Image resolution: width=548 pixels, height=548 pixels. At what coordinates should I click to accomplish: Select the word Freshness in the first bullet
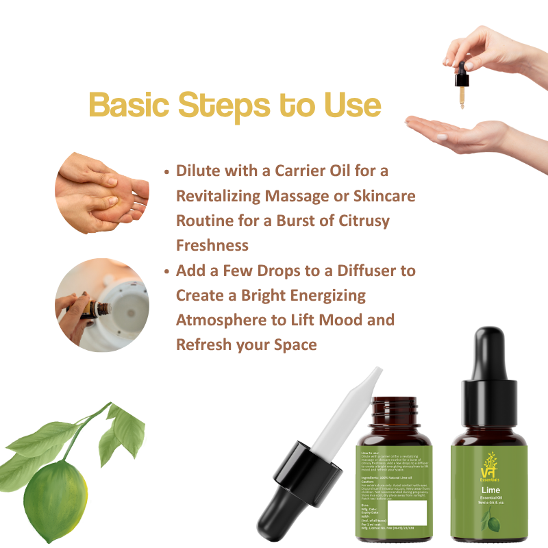pyautogui.click(x=212, y=245)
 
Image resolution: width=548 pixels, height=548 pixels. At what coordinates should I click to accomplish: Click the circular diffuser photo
pyautogui.click(x=101, y=304)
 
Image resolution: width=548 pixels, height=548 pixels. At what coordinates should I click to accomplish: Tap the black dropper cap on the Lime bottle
pyautogui.click(x=479, y=373)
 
